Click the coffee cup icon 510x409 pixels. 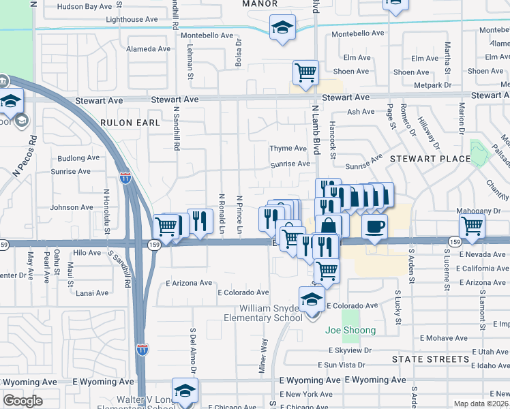(374, 227)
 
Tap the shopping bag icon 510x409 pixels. (329, 226)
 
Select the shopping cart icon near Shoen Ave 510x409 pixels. (305, 72)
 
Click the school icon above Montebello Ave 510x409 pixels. (282, 28)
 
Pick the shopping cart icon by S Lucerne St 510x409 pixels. (472, 226)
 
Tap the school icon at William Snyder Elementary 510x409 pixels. (312, 298)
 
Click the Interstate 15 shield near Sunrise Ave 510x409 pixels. (125, 179)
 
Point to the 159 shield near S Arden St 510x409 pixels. (455, 241)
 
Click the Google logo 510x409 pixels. (22, 400)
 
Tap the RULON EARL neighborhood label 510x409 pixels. (130, 123)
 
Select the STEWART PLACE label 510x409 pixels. (430, 159)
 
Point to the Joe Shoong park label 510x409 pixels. (350, 331)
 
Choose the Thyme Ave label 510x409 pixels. (288, 148)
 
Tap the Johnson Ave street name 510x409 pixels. (72, 207)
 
